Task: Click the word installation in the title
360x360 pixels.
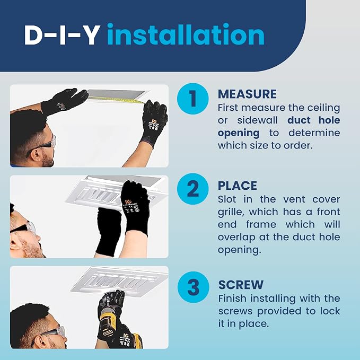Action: [186, 34]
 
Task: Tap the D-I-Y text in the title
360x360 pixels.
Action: [62, 35]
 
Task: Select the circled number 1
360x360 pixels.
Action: [193, 99]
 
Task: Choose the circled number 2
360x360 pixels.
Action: [193, 189]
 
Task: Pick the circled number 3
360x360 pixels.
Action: [194, 287]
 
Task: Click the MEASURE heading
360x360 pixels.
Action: [247, 94]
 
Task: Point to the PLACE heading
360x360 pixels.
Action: [238, 186]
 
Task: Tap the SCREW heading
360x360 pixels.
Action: [241, 285]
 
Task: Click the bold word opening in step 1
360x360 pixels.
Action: [239, 134]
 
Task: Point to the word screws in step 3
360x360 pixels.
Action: [236, 311]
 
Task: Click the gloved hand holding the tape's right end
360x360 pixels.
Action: [154, 121]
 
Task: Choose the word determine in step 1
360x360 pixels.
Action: [314, 133]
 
